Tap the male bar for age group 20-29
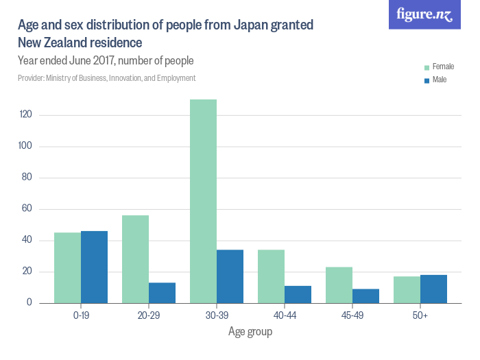[x=162, y=293]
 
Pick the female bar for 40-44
[x=271, y=276]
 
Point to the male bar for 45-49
[x=365, y=296]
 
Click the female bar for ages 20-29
[x=135, y=259]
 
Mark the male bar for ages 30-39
[x=230, y=276]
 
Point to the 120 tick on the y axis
[x=26, y=115]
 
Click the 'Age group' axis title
[x=250, y=332]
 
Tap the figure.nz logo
[x=424, y=14]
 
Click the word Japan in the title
[x=251, y=25]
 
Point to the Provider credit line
[x=106, y=78]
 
